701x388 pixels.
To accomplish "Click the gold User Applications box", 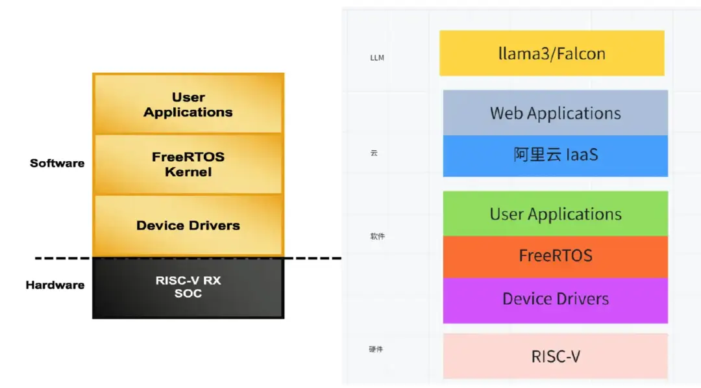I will [188, 105].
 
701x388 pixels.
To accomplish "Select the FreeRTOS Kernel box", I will [188, 164].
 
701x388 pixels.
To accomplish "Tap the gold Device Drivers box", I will [188, 226].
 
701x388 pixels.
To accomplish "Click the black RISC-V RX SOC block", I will [188, 287].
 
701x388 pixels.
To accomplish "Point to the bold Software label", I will [57, 163].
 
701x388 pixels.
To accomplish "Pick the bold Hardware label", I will [55, 285].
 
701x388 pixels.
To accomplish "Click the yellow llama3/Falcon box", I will [552, 53].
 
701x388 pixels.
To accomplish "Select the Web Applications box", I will [555, 113].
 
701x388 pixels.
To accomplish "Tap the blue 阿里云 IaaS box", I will [555, 155].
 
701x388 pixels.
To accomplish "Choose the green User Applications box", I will [555, 214].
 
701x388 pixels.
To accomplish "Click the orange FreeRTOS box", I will [555, 256].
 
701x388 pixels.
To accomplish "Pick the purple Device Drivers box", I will [555, 300].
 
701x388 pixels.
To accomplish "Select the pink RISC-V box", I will [555, 356].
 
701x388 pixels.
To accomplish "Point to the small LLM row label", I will [377, 58].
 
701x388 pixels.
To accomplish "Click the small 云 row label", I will [374, 153].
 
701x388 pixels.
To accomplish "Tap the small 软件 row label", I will [377, 237].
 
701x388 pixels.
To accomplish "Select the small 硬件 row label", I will [376, 350].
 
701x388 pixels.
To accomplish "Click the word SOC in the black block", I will [188, 294].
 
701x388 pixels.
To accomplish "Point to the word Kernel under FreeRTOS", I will [188, 172].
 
